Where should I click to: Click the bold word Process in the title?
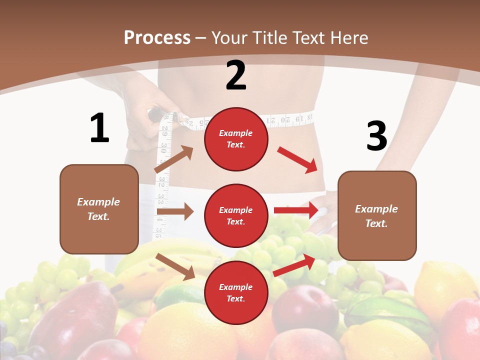(x=157, y=37)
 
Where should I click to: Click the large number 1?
(x=99, y=128)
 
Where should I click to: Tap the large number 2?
(x=236, y=75)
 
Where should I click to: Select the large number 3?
(x=376, y=136)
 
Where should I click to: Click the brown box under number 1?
(x=99, y=209)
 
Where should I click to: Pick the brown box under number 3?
(x=377, y=215)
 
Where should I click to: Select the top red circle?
(x=236, y=139)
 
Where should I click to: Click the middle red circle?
(x=236, y=215)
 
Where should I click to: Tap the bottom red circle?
(x=236, y=292)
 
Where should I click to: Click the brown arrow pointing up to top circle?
(x=174, y=159)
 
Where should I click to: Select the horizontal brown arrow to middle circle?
(x=175, y=211)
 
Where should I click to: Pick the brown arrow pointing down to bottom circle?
(x=175, y=266)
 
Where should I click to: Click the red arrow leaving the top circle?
(x=297, y=160)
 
